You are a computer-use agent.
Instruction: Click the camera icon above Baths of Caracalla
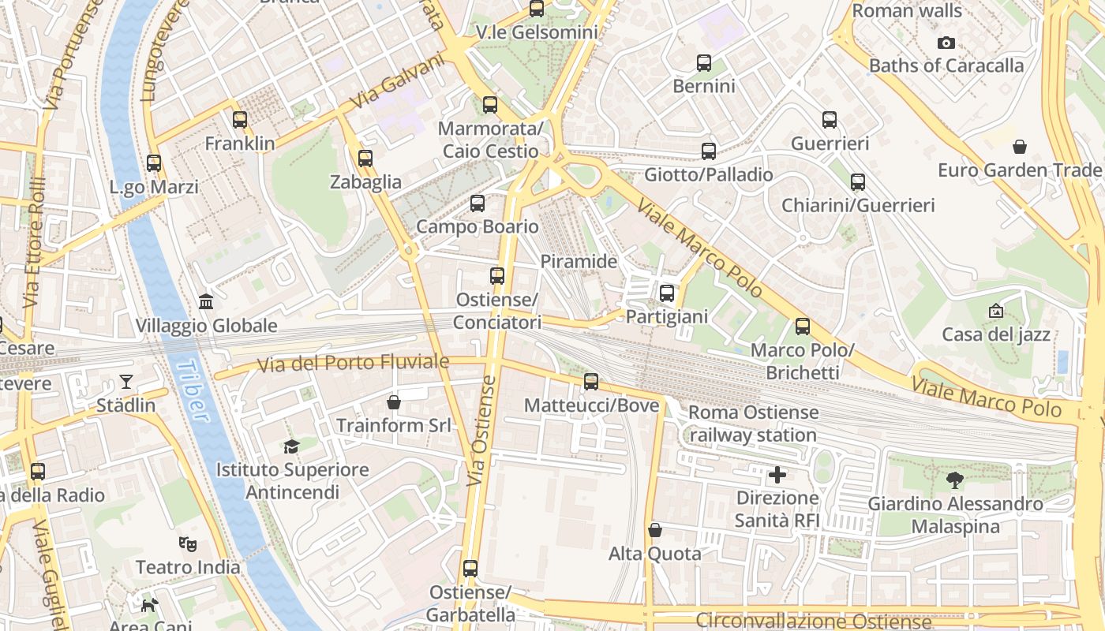tap(946, 43)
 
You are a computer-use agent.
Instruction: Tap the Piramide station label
tap(579, 261)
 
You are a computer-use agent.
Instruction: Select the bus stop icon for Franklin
tap(240, 120)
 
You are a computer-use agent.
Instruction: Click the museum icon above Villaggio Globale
tap(206, 301)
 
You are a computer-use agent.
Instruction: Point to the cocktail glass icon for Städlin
tap(126, 382)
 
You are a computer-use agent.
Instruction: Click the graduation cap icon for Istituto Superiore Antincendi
tap(292, 446)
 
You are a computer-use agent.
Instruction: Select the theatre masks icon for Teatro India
tap(188, 543)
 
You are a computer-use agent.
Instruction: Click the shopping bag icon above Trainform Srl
tap(394, 402)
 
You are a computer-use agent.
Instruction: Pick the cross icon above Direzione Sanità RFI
tap(777, 475)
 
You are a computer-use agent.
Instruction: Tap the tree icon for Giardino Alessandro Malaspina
tap(955, 480)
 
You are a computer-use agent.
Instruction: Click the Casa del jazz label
tap(996, 334)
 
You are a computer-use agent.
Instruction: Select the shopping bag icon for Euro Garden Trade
tap(1020, 147)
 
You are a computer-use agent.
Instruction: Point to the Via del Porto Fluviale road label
tap(354, 364)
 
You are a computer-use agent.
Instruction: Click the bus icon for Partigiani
tap(667, 293)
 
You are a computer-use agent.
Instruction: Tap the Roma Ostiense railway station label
tap(753, 424)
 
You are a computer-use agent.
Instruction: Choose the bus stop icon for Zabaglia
tap(365, 159)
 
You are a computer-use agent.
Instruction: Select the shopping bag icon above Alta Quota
tap(654, 530)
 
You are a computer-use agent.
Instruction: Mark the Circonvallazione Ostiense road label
tap(813, 621)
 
